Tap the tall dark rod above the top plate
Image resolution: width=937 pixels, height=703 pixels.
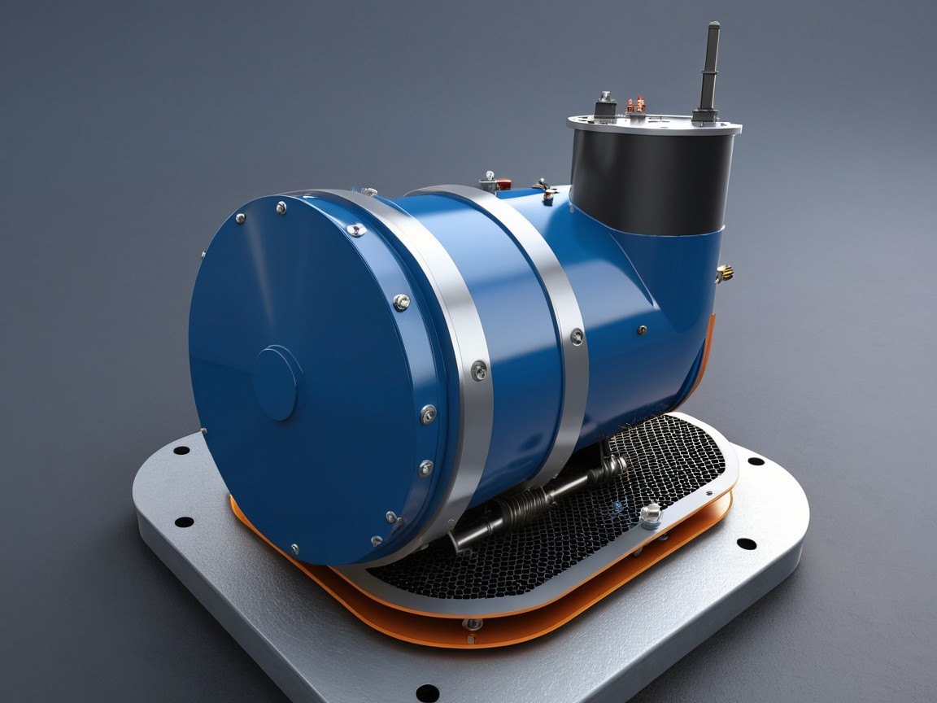[710, 69]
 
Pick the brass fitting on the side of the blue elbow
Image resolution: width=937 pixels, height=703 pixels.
[723, 273]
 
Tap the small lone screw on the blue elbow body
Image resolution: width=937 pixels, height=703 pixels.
[642, 330]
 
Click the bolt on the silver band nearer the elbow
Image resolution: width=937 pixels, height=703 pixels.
[576, 336]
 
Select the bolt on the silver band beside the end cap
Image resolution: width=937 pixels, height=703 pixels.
[480, 370]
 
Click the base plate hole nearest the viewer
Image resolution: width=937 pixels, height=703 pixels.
[427, 692]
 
